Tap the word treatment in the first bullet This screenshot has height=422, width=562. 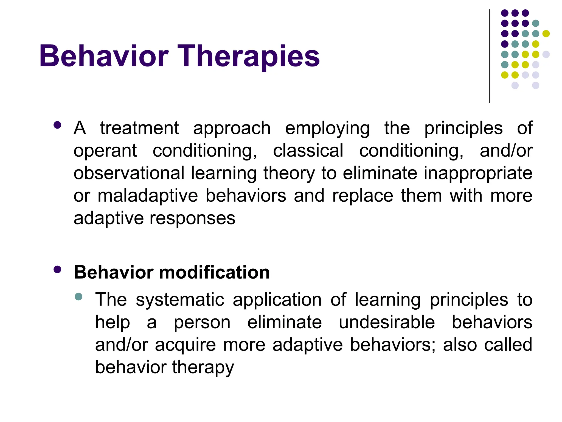[139, 128]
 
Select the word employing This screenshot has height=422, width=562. [327, 129]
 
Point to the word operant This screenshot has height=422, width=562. [105, 151]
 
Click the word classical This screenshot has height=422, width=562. [308, 151]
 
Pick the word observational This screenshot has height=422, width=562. [129, 173]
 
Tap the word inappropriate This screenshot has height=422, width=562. [478, 174]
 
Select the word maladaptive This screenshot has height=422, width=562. [148, 196]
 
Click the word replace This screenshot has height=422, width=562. [363, 196]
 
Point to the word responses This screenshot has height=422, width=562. [192, 219]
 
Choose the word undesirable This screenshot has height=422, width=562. [387, 322]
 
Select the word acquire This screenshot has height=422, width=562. [186, 345]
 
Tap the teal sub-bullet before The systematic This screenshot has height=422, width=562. [78, 297]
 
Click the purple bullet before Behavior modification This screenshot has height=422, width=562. [57, 270]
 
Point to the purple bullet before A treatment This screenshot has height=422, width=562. [57, 125]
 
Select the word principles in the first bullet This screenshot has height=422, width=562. [463, 129]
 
